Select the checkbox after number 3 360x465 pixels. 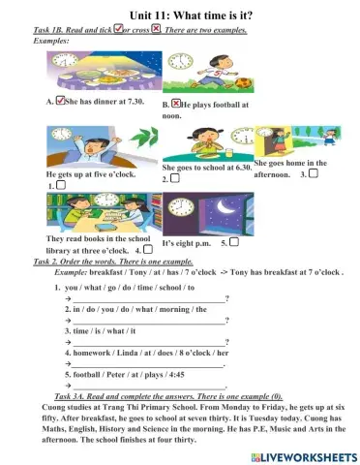[315, 173]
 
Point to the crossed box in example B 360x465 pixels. [177, 101]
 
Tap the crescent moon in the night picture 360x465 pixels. [222, 206]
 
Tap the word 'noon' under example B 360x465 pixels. [171, 114]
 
